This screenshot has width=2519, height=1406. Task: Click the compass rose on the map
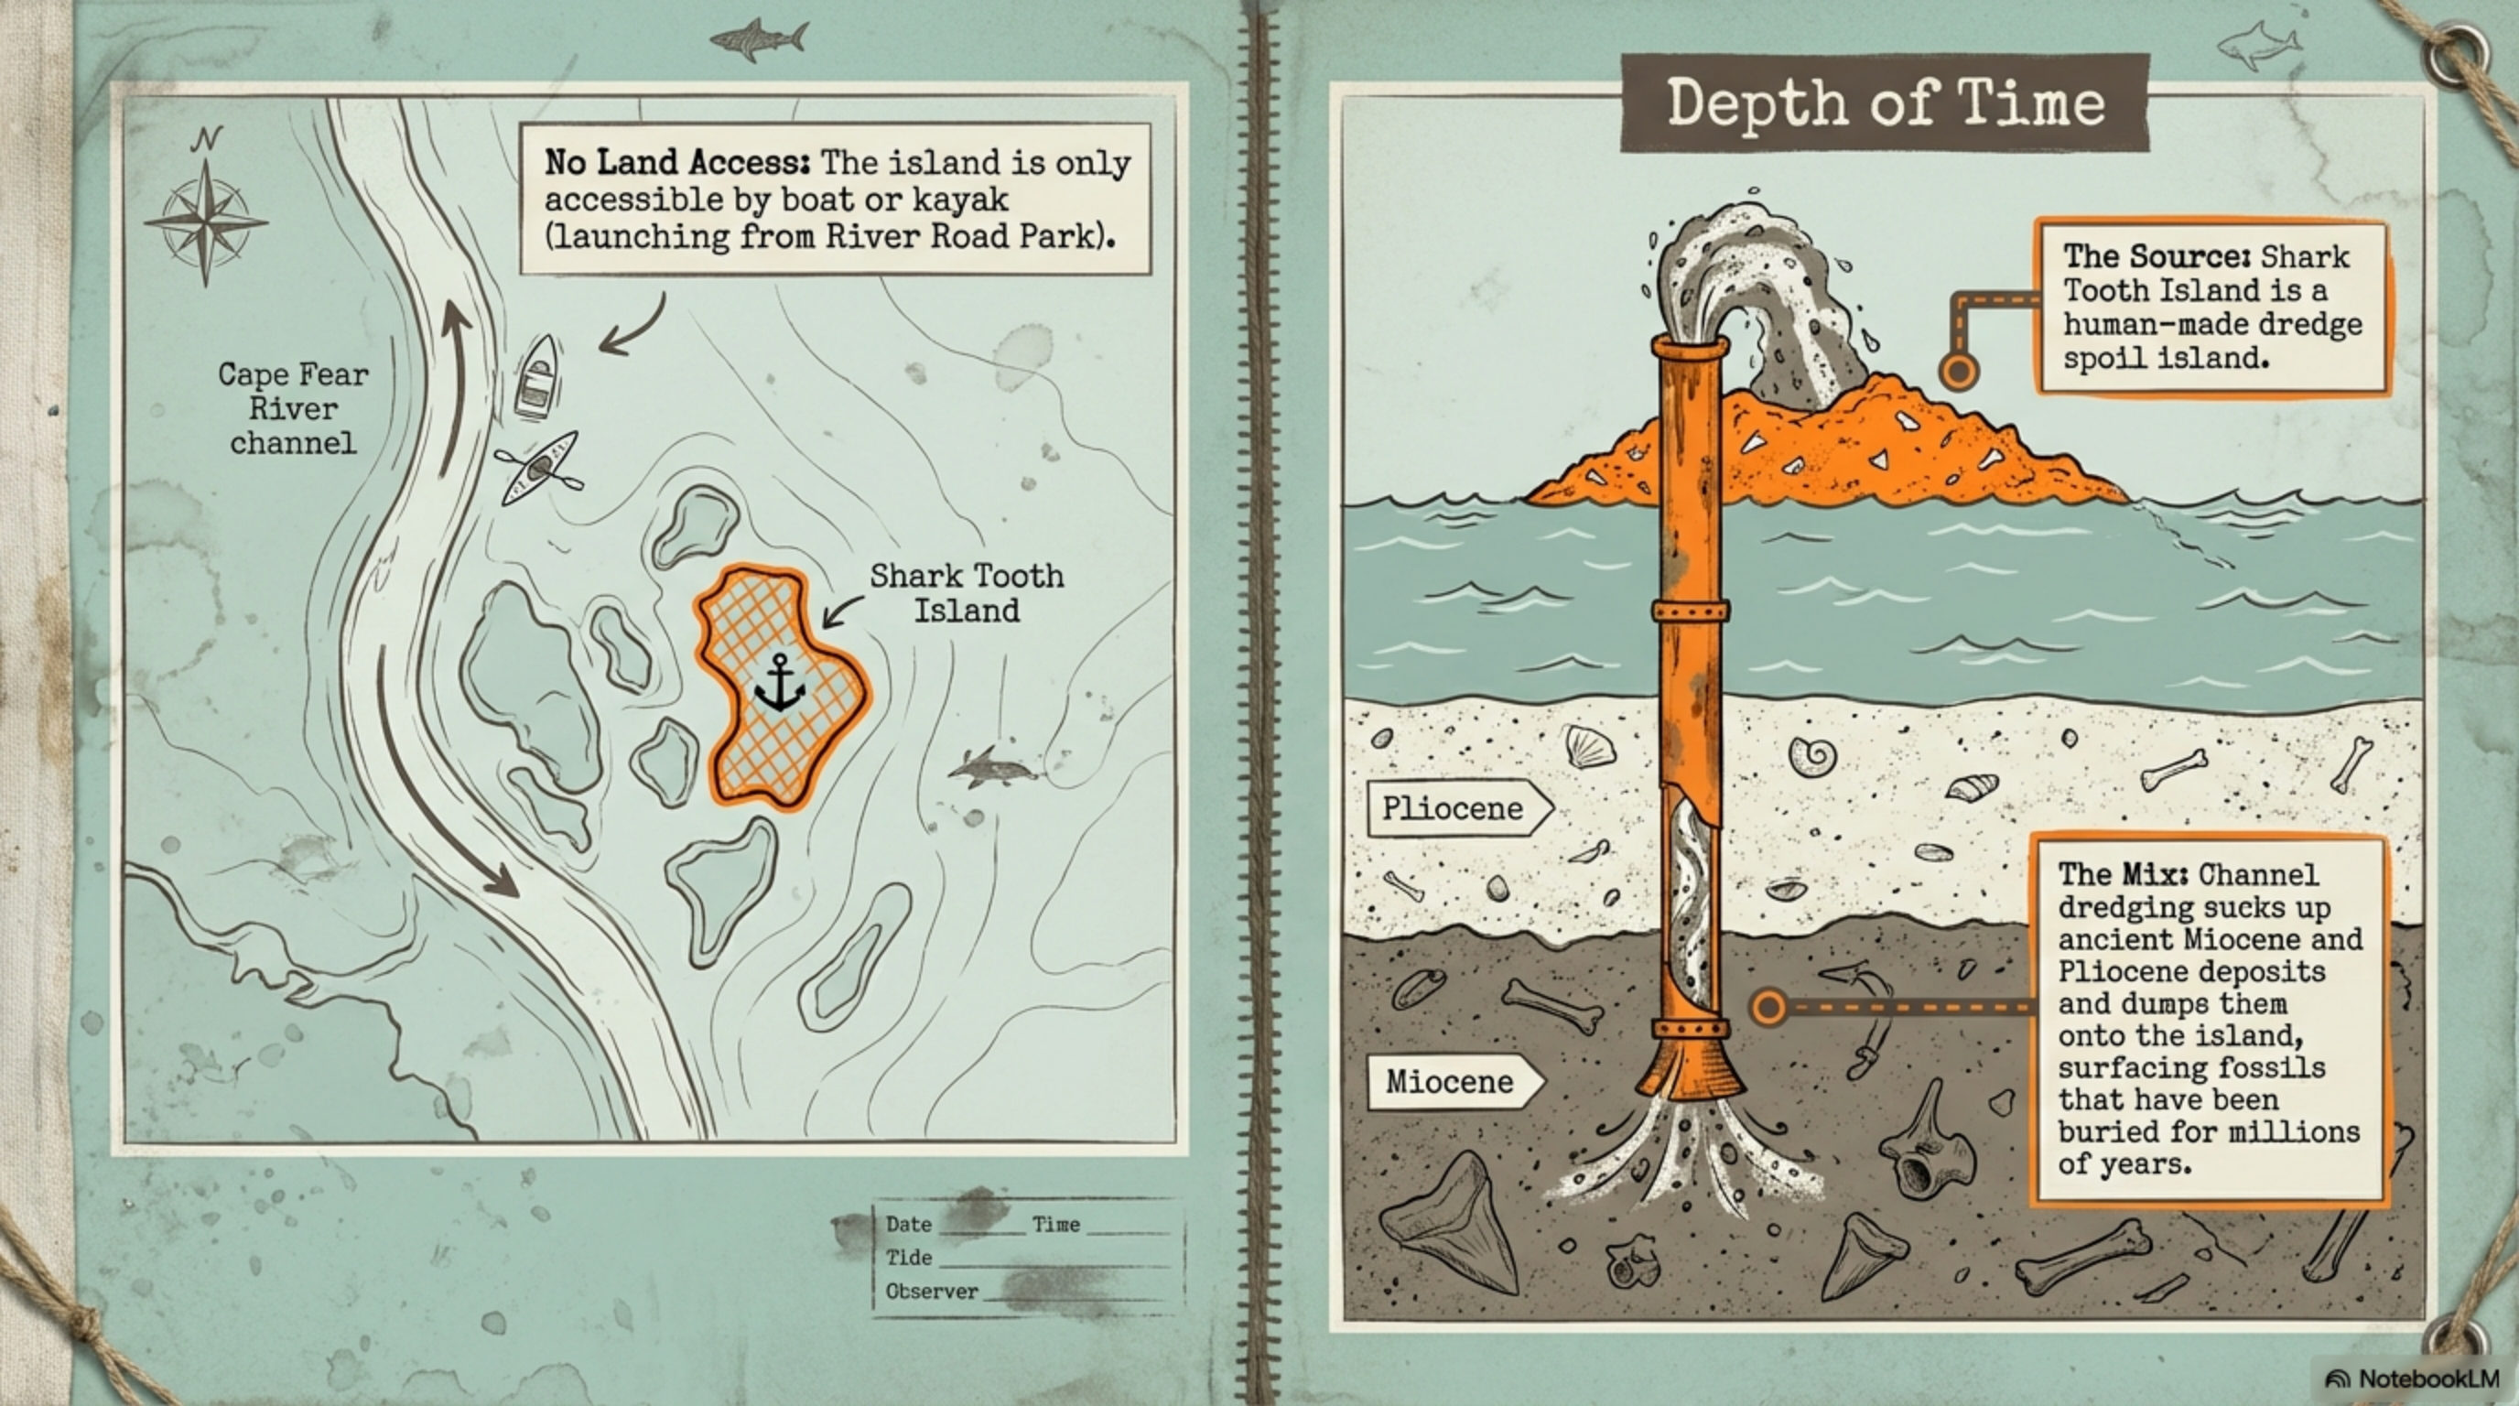pos(205,221)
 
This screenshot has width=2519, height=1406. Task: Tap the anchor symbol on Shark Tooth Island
pos(778,684)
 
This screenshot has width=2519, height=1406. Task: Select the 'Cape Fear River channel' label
pos(291,408)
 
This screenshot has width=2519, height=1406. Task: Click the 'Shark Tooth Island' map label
pos(967,592)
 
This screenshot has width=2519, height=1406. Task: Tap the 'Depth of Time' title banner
pos(1885,103)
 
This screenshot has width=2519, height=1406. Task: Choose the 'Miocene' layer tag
pos(1449,1081)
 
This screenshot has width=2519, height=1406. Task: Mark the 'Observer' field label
pos(931,1292)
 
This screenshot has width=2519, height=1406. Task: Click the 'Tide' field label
pos(908,1258)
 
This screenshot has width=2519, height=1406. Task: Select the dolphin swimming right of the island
pos(989,767)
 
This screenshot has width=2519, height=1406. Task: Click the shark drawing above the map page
pos(758,40)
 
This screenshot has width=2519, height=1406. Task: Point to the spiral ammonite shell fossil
pos(1811,755)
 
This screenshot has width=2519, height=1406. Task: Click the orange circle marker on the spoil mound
pos(1958,372)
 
